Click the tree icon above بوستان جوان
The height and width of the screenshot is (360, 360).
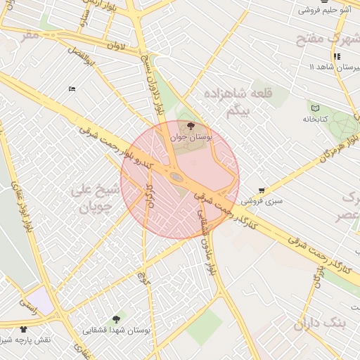coord(191,126)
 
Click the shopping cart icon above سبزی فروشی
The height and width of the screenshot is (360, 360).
coord(262,190)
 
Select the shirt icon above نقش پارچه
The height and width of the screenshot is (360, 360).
coord(24,328)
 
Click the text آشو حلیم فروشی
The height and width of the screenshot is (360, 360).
coord(325,10)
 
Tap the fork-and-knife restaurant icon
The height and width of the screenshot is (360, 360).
coord(336,56)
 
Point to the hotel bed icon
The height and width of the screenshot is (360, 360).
coord(72,89)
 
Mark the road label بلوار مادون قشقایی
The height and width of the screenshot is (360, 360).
coord(207,243)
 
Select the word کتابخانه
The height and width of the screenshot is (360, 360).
coord(316,120)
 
